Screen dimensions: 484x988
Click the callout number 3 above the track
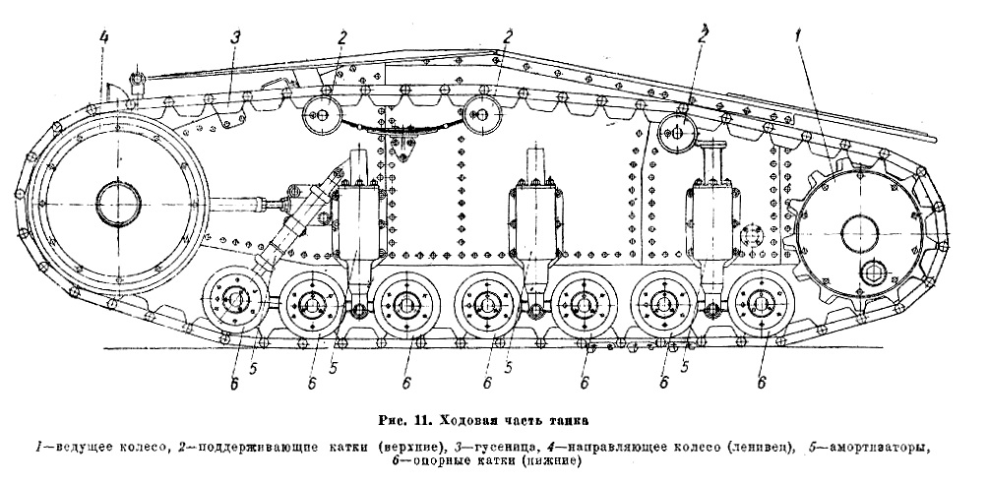click(x=235, y=38)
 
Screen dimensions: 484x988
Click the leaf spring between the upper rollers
click(x=400, y=122)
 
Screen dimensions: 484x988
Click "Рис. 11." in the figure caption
click(x=408, y=424)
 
